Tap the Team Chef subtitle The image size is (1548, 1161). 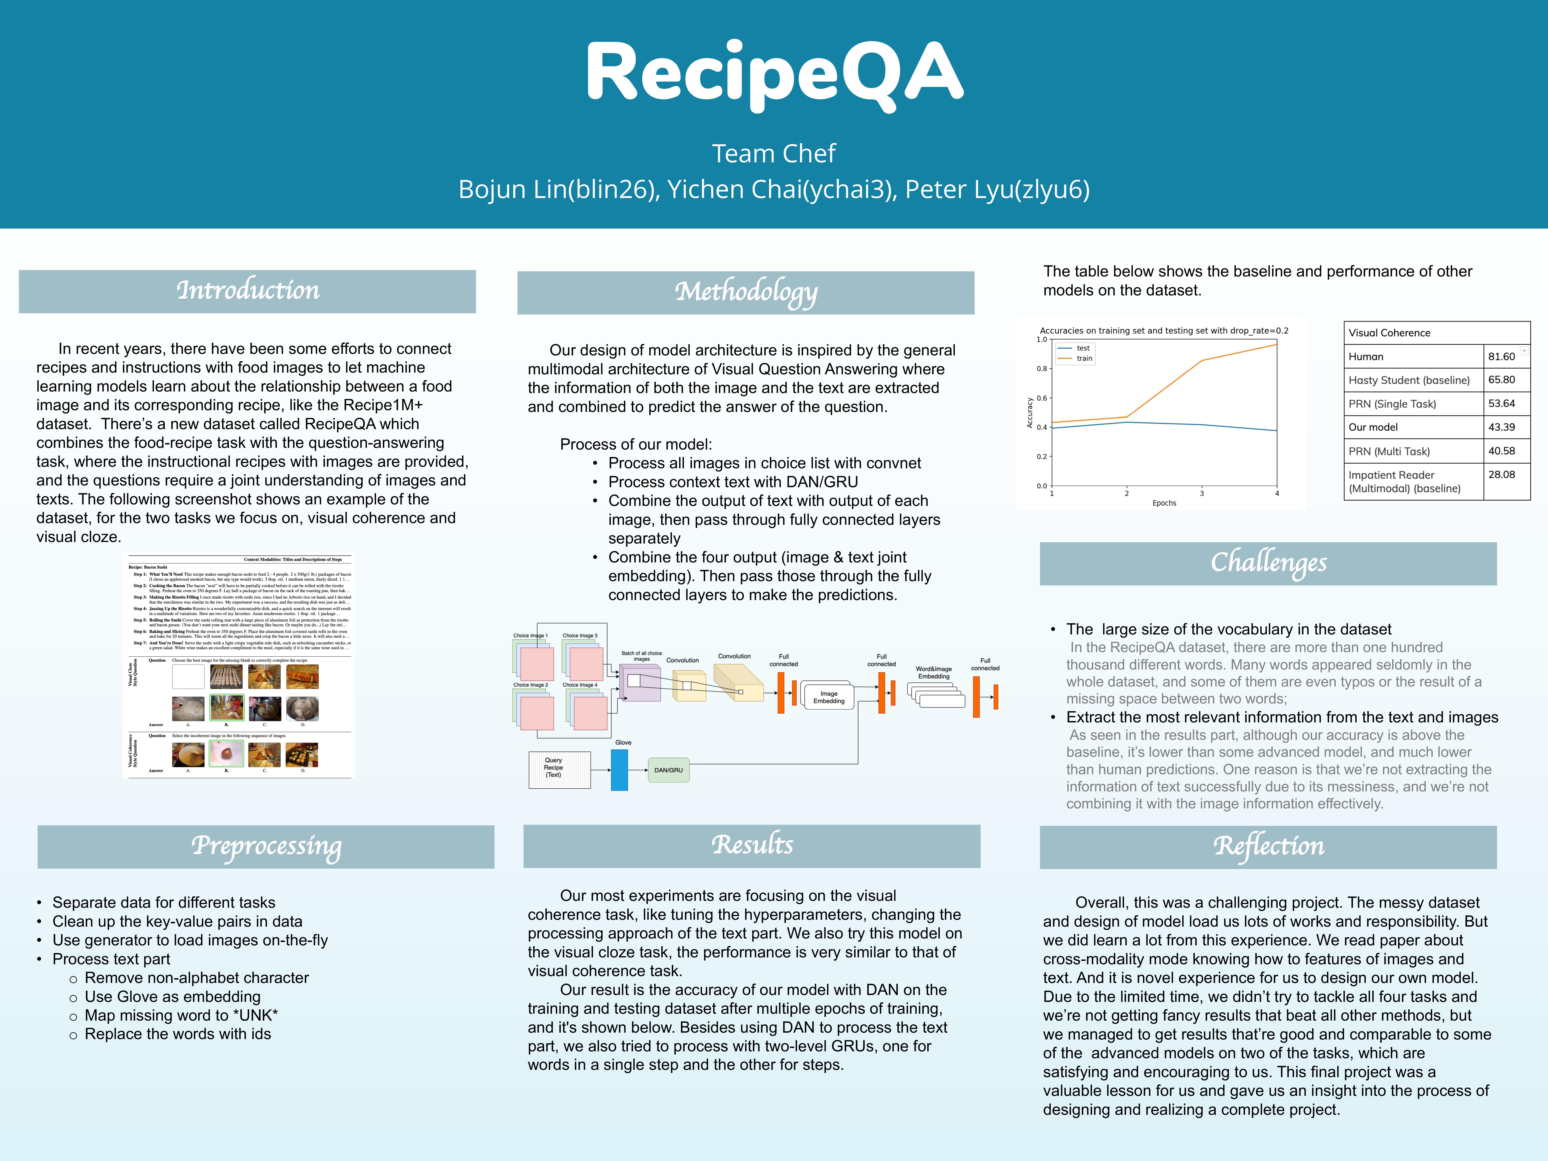774,153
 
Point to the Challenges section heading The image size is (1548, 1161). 1268,563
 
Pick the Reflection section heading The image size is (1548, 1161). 1268,847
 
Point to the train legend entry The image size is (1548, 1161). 1084,358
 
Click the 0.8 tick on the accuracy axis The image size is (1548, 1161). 1042,369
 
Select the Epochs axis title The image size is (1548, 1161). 1164,503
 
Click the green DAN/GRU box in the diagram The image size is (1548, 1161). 668,770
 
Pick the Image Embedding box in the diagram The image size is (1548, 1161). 829,697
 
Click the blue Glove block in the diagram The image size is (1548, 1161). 619,770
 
